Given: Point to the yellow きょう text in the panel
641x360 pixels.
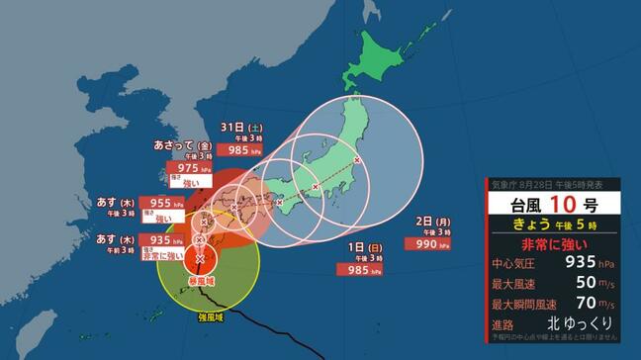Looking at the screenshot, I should tap(525, 225).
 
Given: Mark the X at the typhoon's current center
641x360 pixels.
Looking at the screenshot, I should tap(201, 259).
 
